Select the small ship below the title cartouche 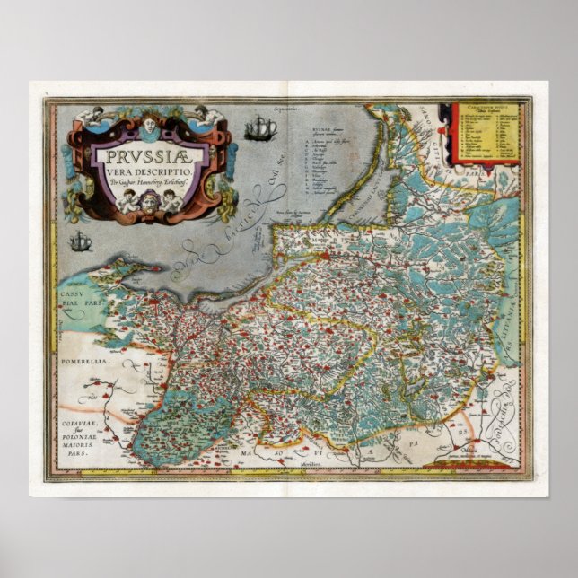pyautogui.click(x=81, y=241)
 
